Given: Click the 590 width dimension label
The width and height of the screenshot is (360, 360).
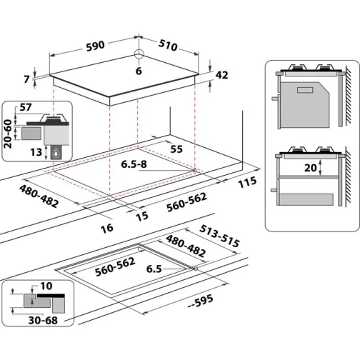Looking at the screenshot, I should (94, 45).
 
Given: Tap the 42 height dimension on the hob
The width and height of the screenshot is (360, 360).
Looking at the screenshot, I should (221, 74).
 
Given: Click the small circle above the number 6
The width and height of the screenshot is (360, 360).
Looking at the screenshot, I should (139, 56).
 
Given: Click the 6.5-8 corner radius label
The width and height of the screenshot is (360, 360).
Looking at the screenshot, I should (136, 164).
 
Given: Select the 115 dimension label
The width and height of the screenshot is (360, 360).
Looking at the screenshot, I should (246, 184).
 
